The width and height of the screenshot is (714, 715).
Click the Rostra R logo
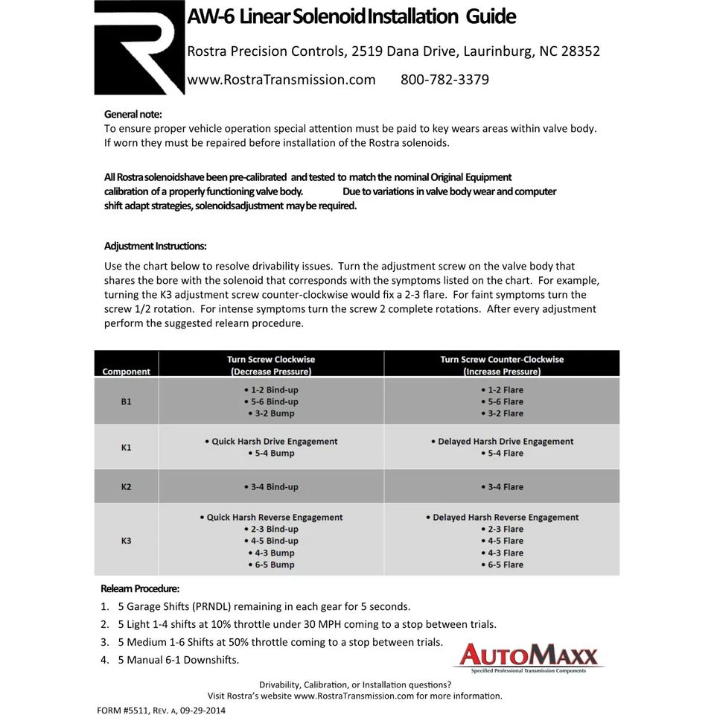(x=139, y=48)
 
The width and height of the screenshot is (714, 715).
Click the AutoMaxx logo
(x=528, y=656)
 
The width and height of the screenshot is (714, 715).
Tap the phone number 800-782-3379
(x=444, y=80)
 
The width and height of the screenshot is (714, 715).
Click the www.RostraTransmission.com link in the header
(x=281, y=80)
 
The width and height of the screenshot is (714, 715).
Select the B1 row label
(x=127, y=401)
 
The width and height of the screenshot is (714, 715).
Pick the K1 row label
(x=127, y=448)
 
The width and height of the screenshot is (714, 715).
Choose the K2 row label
(x=127, y=487)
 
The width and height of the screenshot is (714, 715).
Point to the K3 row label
(x=127, y=541)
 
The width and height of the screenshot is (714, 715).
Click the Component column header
(x=127, y=371)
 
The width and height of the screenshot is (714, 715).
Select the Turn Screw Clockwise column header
(x=271, y=365)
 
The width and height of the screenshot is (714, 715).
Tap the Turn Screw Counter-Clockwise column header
(x=502, y=365)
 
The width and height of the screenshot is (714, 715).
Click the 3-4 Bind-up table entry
(x=271, y=487)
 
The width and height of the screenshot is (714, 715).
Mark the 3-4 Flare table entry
(x=502, y=487)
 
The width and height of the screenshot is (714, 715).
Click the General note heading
(x=133, y=115)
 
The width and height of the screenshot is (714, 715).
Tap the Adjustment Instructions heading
(x=156, y=247)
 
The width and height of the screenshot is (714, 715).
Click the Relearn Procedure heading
(x=140, y=588)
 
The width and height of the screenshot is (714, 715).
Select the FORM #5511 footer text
(x=161, y=710)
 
